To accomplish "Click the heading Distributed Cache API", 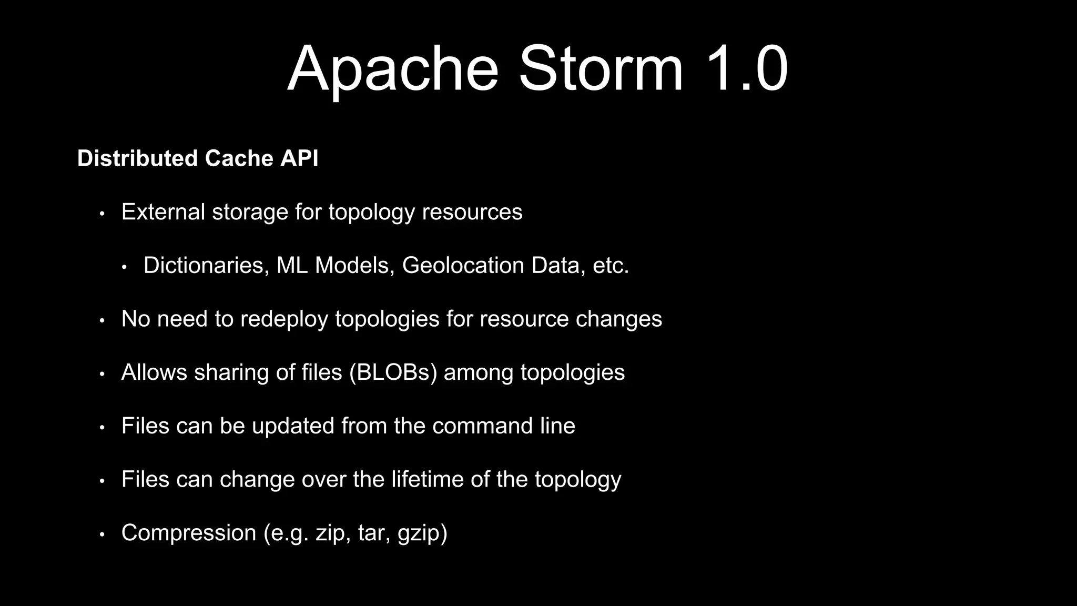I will tap(198, 158).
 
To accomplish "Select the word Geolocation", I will tap(463, 265).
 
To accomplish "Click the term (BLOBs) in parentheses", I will tap(393, 372).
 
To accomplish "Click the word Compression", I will tap(189, 533).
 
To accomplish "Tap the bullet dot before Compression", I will tap(103, 534).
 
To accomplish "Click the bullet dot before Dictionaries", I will tap(125, 267).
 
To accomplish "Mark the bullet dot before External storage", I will tap(103, 214).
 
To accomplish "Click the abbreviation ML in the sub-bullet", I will tap(292, 265).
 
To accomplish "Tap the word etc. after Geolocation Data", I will tap(611, 265).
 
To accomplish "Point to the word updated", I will tap(293, 426).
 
